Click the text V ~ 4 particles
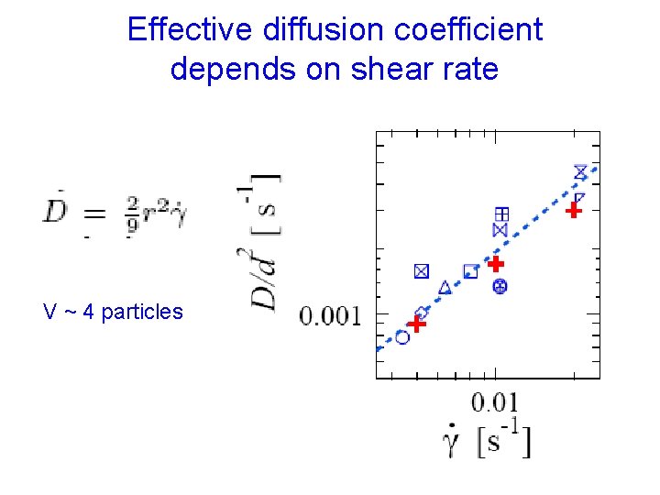pos(113,312)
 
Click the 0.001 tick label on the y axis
pos(333,317)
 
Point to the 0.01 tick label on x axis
pos(495,401)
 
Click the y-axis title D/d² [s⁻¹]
pos(265,242)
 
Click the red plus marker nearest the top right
pos(573,210)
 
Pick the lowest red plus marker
pos(417,324)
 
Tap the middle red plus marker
pos(496,264)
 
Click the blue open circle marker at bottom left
pos(402,337)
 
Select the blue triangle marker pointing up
pos(445,288)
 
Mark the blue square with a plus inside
pos(500,213)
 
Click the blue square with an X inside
pos(421,270)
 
